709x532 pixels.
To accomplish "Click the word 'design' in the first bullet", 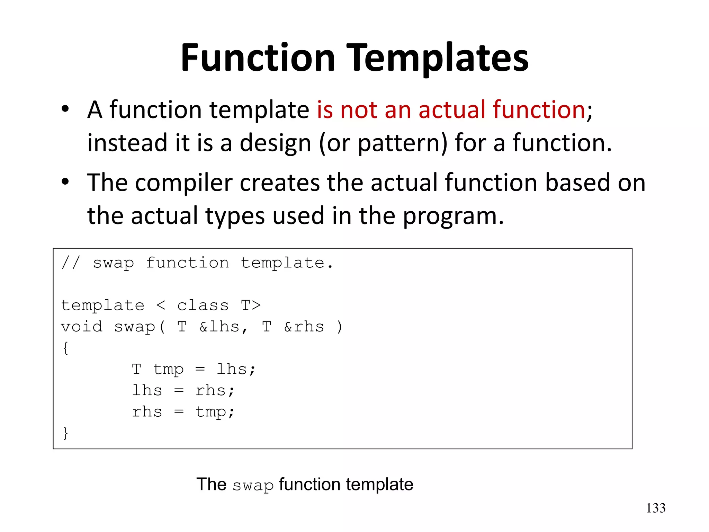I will coord(275,143).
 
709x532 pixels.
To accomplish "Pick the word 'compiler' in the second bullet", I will coord(183,183).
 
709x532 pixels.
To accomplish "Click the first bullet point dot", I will coord(65,109).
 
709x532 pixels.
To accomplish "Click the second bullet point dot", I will coord(65,182).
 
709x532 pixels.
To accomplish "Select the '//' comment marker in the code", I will coord(71,263).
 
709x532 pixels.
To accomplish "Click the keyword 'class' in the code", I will coord(203,305).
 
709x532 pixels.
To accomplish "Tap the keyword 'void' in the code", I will coord(82,327).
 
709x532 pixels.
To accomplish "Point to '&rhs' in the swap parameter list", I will coord(304,327).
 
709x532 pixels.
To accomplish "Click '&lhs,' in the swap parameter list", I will coord(224,327).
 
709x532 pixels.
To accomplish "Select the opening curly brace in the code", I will coord(65,348).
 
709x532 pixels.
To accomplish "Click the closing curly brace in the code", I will coord(65,433).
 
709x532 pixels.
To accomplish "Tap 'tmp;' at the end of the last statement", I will coord(215,412).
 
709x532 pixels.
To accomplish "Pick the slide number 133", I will coord(656,508).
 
